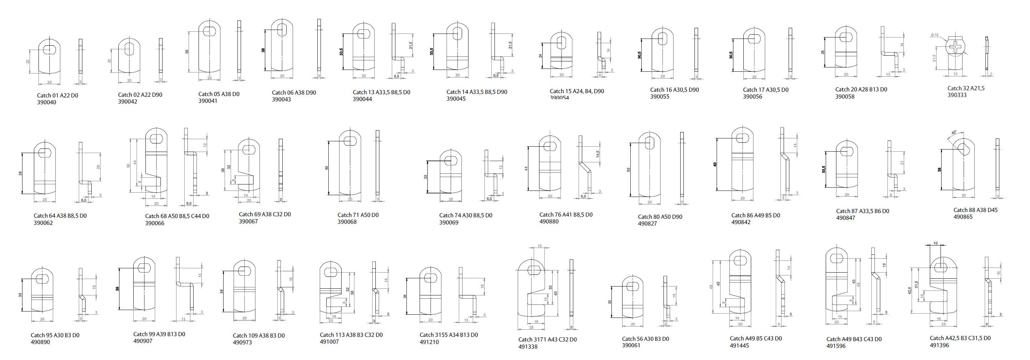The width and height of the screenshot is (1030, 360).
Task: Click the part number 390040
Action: (47, 102)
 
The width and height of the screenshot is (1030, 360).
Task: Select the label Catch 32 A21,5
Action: (965, 88)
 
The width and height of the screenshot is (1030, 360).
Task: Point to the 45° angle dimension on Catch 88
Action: (954, 143)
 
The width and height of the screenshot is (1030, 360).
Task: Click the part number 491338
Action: (528, 347)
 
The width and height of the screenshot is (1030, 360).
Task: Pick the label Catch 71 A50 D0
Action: (358, 215)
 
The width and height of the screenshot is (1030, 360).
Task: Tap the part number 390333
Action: (957, 95)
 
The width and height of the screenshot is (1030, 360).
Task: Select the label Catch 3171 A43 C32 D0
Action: (547, 340)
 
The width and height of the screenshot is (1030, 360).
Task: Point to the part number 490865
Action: (963, 217)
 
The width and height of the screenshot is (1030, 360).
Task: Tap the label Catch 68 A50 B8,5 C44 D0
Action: (177, 216)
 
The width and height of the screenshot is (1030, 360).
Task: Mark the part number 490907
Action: (143, 341)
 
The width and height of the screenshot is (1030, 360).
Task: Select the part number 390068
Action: (347, 222)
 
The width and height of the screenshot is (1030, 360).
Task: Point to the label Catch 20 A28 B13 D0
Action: (861, 90)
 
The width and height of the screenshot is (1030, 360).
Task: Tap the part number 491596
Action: (836, 346)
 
